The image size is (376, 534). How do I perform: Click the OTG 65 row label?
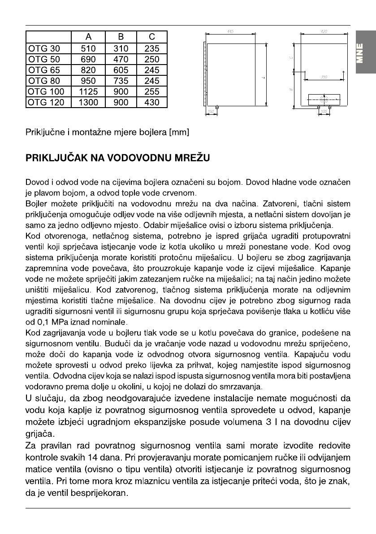[43, 70]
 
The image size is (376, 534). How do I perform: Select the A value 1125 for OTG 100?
[88, 91]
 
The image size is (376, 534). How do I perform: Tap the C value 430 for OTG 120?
[151, 102]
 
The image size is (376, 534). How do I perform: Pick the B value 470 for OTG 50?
[121, 59]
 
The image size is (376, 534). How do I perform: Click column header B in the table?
[121, 38]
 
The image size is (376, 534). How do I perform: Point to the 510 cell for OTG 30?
[88, 48]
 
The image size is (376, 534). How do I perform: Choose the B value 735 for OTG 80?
[121, 81]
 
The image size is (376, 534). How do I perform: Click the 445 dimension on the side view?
[230, 31]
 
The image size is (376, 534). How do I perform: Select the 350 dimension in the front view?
[324, 77]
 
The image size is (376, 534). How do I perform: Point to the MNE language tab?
[363, 53]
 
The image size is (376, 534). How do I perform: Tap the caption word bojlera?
[151, 132]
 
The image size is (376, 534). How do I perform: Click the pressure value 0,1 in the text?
[41, 321]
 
